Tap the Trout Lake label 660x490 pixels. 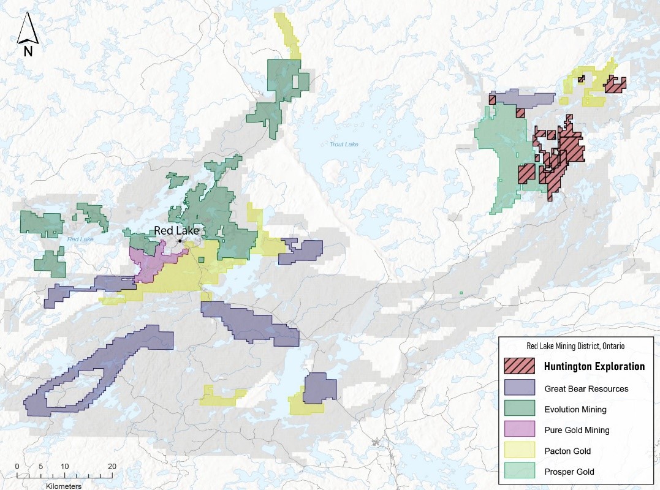[x=343, y=145]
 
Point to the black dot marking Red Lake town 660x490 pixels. [x=180, y=241]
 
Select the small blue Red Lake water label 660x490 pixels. [x=80, y=239]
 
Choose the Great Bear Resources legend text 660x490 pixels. [x=586, y=388]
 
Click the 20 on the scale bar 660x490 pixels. [x=112, y=467]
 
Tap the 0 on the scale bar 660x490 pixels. [x=17, y=467]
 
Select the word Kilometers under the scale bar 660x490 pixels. [x=63, y=486]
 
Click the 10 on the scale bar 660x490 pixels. [x=64, y=467]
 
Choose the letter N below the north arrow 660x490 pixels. [x=28, y=51]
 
